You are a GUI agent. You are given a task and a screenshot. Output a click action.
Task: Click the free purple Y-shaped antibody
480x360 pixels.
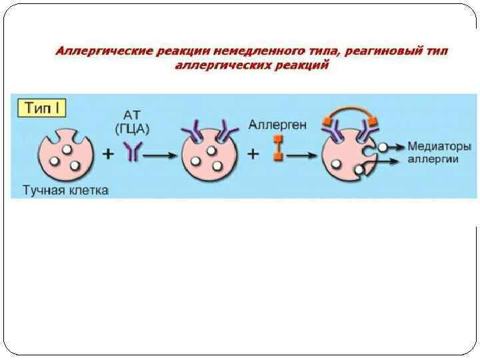pyautogui.click(x=133, y=153)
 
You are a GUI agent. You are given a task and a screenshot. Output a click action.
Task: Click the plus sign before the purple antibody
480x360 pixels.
pyautogui.click(x=106, y=155)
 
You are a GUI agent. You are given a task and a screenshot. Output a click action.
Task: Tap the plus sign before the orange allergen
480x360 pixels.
pyautogui.click(x=253, y=154)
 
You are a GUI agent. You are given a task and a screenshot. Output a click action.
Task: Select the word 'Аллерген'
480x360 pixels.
pyautogui.click(x=275, y=123)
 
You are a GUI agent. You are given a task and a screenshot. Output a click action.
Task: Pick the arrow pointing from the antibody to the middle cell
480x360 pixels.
pyautogui.click(x=160, y=154)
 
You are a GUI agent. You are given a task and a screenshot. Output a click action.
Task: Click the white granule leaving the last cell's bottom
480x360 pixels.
pyautogui.click(x=360, y=171)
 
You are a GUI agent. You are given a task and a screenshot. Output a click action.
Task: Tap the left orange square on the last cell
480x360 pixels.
pyautogui.click(x=327, y=121)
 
